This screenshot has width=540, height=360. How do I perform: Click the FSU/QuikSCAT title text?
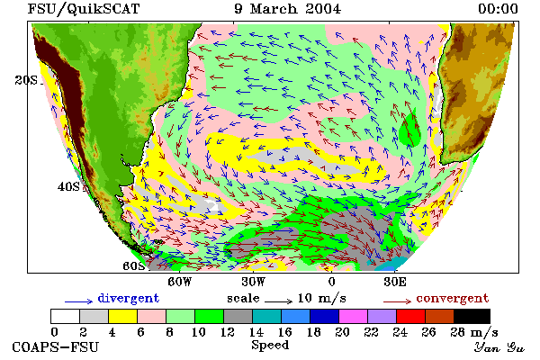(x=84, y=9)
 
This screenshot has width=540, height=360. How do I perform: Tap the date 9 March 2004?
(x=288, y=9)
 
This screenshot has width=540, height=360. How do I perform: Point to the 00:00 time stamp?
(x=498, y=9)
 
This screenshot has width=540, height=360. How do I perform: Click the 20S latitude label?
(x=26, y=80)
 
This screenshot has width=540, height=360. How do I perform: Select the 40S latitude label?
(x=68, y=186)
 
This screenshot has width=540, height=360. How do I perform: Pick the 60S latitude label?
(x=134, y=266)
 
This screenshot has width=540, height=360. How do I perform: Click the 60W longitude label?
(x=179, y=282)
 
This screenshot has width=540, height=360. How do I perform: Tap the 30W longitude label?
(x=254, y=282)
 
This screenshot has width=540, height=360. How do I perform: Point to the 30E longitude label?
(x=395, y=282)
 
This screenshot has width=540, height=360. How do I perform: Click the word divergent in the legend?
(x=129, y=298)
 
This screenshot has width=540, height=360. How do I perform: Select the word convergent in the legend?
(x=453, y=298)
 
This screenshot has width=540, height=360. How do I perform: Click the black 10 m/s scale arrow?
(x=279, y=301)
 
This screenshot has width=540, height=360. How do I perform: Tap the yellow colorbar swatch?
(x=122, y=316)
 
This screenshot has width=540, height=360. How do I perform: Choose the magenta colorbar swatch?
(x=353, y=316)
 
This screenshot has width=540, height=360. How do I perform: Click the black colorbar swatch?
(x=472, y=316)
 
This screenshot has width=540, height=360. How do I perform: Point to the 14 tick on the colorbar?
(x=256, y=332)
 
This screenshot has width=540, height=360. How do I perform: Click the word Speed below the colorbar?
(x=270, y=346)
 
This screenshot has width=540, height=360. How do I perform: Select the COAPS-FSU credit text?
(x=56, y=346)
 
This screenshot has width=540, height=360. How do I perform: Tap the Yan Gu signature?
(x=499, y=347)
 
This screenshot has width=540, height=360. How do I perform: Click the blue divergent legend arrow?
(x=79, y=301)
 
